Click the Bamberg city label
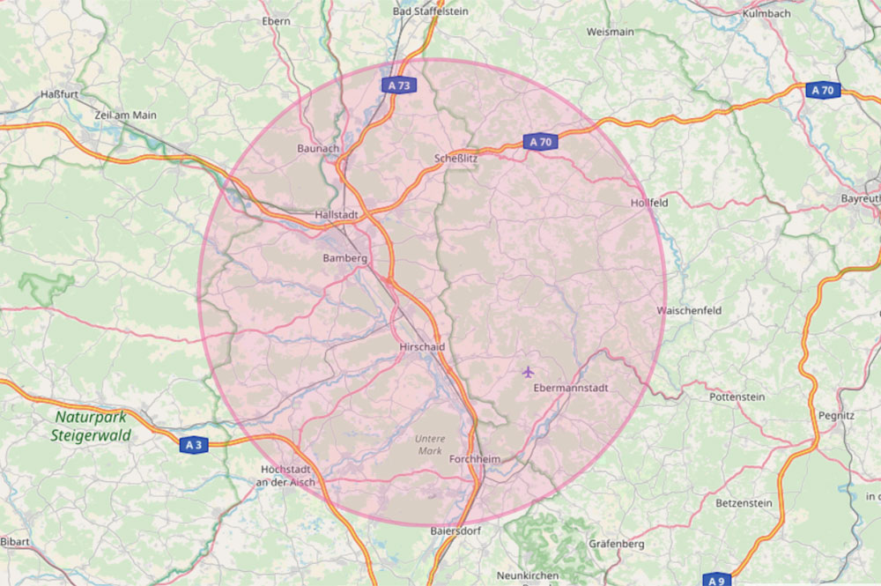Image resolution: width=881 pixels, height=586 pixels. point(344,258)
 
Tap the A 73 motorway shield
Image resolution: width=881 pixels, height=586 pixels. point(399,85)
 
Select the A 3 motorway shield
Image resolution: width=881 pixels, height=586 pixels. point(194,445)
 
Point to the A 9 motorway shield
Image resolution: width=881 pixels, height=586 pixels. point(716,580)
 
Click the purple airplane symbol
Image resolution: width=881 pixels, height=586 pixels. point(528,371)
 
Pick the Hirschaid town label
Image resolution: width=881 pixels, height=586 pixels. point(421,347)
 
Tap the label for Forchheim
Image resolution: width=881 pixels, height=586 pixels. point(474,460)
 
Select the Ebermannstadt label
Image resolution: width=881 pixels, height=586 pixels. point(570,388)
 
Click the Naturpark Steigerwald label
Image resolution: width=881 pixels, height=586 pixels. point(91,427)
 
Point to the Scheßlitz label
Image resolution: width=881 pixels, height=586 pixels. point(455,159)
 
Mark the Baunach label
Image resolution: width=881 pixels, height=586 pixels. point(318,148)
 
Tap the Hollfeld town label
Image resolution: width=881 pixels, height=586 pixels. point(649,203)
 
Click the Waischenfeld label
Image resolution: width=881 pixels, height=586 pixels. point(689,311)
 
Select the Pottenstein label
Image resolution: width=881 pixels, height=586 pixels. point(737,397)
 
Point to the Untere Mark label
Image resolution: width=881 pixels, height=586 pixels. point(431,445)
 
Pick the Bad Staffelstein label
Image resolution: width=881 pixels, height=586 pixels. point(430,11)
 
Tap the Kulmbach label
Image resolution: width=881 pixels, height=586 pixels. point(766,14)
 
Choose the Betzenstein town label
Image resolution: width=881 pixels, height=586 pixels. point(744,503)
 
